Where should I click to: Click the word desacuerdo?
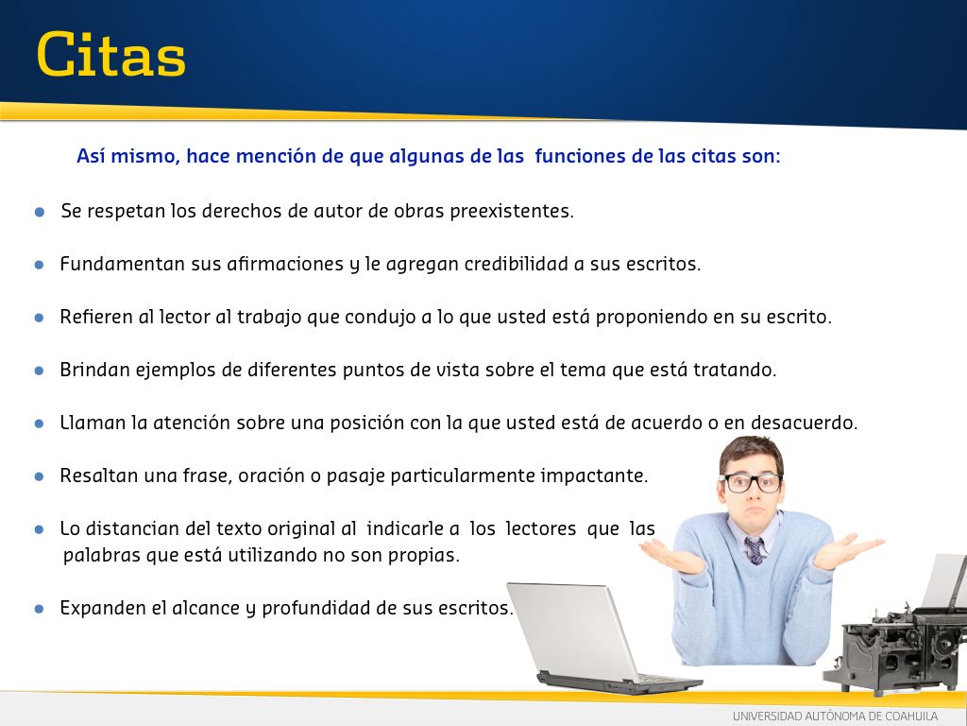pyautogui.click(x=805, y=423)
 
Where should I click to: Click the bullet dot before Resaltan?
pyautogui.click(x=39, y=476)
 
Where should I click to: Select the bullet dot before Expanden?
pyautogui.click(x=39, y=609)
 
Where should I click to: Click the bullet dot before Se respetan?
pyautogui.click(x=40, y=213)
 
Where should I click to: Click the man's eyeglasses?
pyautogui.click(x=751, y=482)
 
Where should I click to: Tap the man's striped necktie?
pyautogui.click(x=755, y=551)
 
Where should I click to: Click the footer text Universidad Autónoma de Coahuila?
pyautogui.click(x=835, y=717)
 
